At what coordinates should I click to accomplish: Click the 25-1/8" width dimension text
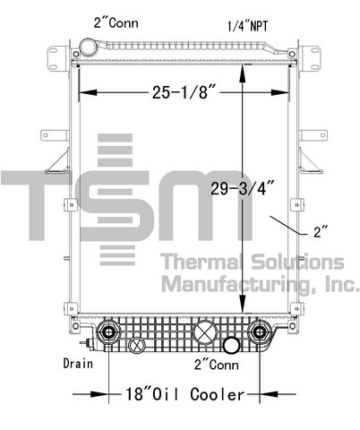[x=184, y=92]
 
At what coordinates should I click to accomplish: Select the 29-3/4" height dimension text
[x=243, y=188]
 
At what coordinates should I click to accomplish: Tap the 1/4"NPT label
[x=247, y=26]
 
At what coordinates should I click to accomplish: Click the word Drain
[x=78, y=364]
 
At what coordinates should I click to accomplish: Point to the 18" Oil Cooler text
[x=184, y=394]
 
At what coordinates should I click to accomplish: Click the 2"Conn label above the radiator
[x=116, y=22]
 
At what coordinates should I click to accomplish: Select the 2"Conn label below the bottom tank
[x=217, y=365]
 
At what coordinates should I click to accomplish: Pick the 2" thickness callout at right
[x=321, y=232]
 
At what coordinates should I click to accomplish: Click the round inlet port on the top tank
[x=89, y=47]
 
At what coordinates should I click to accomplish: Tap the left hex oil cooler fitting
[x=108, y=331]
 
